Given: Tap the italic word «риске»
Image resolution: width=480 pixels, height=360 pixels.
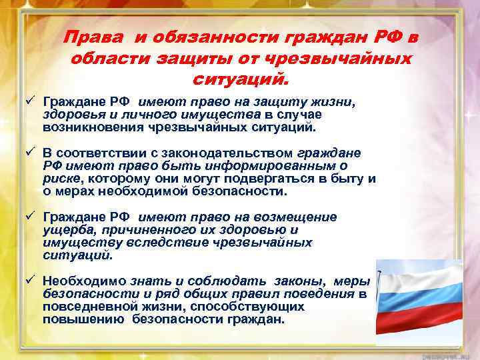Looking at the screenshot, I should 61,178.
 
